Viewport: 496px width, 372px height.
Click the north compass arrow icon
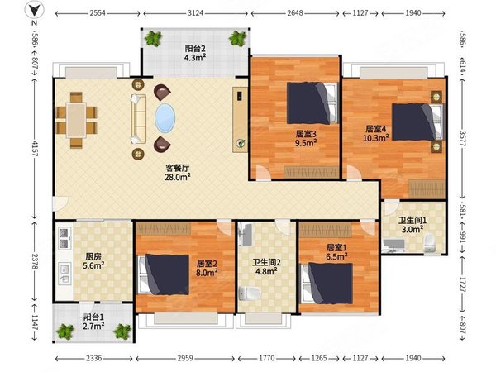coord(34,11)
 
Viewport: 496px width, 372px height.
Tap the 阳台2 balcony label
coord(195,49)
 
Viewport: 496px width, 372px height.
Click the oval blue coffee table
coord(165,118)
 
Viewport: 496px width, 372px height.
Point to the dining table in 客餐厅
coord(76,120)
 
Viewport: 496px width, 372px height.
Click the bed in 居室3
coord(312,103)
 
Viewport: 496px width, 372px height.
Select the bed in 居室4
coord(417,122)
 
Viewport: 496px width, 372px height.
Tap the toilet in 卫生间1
coord(430,243)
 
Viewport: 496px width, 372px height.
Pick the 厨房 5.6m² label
coord(93,261)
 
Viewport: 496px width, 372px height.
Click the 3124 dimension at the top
coord(195,13)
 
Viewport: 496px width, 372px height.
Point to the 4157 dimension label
coord(35,149)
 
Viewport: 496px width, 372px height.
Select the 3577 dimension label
coord(462,139)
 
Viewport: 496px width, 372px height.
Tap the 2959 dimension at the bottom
coord(185,358)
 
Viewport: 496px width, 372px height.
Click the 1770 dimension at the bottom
coord(267,358)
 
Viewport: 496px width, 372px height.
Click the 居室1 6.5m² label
coord(337,252)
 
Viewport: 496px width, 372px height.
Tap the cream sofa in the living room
coord(139,119)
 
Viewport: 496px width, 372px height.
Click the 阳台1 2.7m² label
coord(94,321)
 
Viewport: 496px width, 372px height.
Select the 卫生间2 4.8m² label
coord(266,267)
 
